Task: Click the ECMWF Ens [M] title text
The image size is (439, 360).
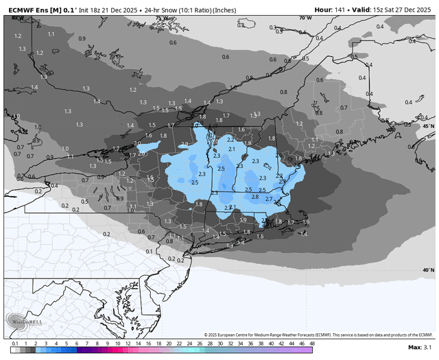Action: click(x=36, y=10)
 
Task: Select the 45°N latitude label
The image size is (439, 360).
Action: click(x=428, y=126)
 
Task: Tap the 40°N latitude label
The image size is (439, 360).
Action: click(x=428, y=269)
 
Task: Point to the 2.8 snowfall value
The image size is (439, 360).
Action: click(x=255, y=197)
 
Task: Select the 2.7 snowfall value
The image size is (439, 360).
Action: click(x=269, y=199)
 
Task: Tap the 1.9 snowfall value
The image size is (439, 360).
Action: click(x=243, y=219)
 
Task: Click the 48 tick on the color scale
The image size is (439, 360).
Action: click(x=312, y=343)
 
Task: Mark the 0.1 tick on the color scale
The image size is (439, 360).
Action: click(x=14, y=343)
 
